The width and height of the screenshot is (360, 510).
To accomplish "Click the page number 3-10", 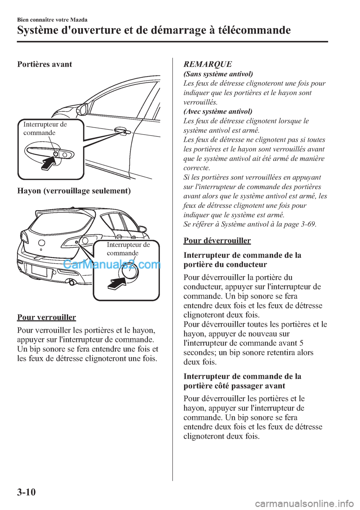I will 26,491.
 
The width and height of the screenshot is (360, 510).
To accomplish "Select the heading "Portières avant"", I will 45,64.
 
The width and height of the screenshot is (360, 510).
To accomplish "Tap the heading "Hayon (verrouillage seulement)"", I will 74,191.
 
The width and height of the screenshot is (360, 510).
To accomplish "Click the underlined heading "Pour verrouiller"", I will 46,317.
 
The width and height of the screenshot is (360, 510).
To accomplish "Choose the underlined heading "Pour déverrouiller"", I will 217,240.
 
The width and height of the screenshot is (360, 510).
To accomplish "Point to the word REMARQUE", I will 208,64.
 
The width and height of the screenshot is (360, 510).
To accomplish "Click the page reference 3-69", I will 306,224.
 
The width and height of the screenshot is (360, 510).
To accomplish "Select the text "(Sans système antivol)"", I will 218,74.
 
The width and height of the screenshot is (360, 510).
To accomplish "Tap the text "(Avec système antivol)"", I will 217,111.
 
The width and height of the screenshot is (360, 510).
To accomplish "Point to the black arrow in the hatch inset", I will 117,283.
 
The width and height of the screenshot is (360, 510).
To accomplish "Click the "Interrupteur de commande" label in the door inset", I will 45,128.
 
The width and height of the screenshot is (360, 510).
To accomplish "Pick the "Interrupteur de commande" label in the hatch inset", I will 128,249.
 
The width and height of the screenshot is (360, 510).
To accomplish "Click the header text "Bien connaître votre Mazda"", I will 52,19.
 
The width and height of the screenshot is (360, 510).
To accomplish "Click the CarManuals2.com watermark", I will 111,264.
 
